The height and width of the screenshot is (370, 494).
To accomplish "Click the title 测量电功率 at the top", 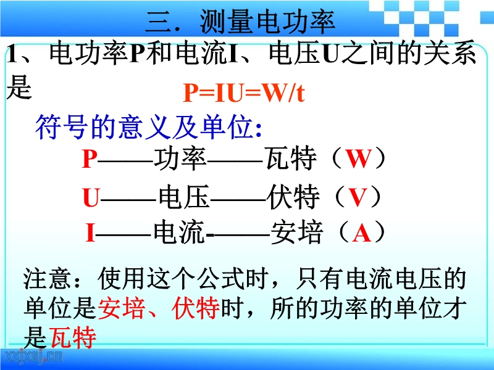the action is pyautogui.click(x=267, y=22).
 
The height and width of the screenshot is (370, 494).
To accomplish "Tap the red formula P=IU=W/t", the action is pyautogui.click(x=244, y=93).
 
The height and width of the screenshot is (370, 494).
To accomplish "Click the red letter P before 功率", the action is pyautogui.click(x=89, y=159).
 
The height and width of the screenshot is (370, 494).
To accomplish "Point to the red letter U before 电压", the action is pyautogui.click(x=91, y=197).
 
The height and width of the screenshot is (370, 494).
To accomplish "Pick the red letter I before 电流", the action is pyautogui.click(x=90, y=232).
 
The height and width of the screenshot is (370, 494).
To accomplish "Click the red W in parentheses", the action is pyautogui.click(x=358, y=158).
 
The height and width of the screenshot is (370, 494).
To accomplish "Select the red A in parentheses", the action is pyautogui.click(x=361, y=233).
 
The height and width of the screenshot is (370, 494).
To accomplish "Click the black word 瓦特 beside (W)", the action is pyautogui.click(x=291, y=158).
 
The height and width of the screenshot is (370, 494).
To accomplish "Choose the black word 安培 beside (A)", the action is pyautogui.click(x=297, y=233).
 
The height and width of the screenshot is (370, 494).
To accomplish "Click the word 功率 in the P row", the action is pyautogui.click(x=180, y=158).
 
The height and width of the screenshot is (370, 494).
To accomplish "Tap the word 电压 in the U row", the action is pyautogui.click(x=184, y=197).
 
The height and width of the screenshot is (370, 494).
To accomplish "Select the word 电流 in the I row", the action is pyautogui.click(x=179, y=233).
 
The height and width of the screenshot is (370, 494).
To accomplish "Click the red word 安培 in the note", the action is pyautogui.click(x=122, y=308).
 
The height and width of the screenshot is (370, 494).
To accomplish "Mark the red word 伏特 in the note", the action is pyautogui.click(x=196, y=308).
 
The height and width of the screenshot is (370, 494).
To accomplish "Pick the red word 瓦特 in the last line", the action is pyautogui.click(x=73, y=337).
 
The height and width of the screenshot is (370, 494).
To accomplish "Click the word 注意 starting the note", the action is pyautogui.click(x=47, y=279).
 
